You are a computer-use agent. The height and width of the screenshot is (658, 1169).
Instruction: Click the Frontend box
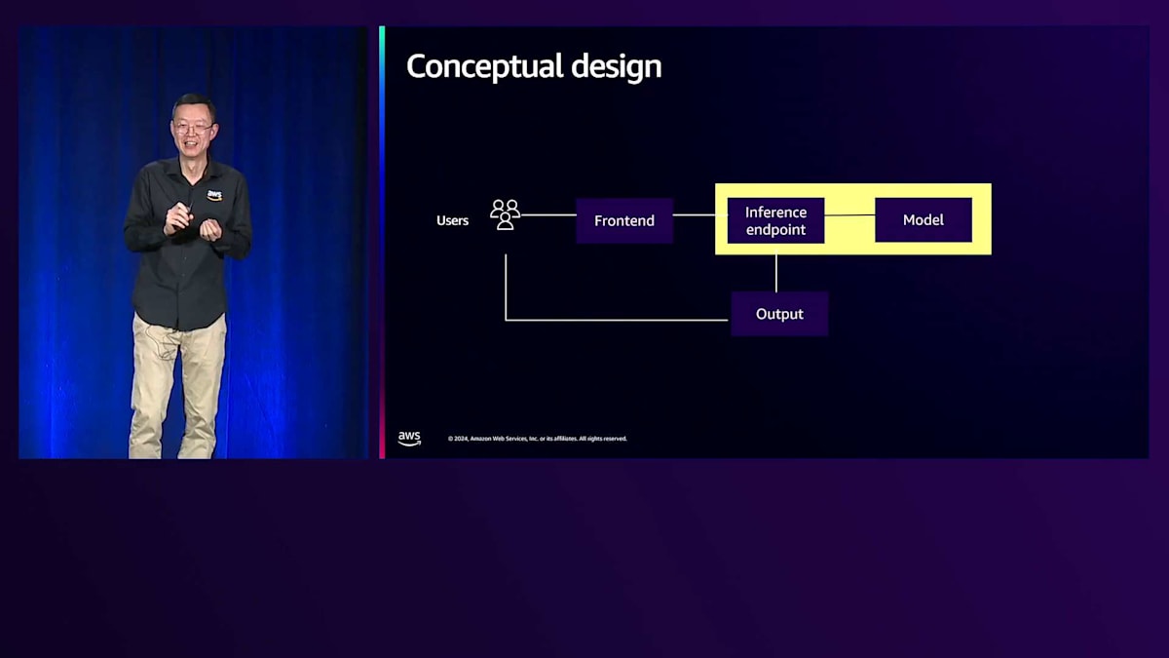[624, 220]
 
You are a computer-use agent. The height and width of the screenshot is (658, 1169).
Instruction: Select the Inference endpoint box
[775, 220]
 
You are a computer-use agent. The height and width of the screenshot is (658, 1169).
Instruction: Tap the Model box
[923, 220]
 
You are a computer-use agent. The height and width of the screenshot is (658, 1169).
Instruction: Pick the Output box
[779, 314]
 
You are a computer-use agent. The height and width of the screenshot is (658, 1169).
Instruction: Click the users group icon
[505, 214]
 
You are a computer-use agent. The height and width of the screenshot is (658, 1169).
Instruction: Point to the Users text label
[452, 221]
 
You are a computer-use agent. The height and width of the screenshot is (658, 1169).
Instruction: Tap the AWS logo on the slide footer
[409, 439]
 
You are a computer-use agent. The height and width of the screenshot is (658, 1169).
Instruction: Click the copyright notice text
[537, 439]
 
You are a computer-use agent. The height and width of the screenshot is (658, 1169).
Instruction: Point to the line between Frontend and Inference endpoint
[695, 214]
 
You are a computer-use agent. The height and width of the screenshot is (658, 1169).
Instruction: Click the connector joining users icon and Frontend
[548, 214]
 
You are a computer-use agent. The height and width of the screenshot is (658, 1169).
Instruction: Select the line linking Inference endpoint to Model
[849, 215]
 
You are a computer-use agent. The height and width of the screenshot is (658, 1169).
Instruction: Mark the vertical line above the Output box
[776, 273]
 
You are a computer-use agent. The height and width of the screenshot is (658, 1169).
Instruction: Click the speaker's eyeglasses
[193, 128]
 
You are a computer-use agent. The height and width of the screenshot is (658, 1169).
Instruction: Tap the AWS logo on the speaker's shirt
[214, 195]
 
